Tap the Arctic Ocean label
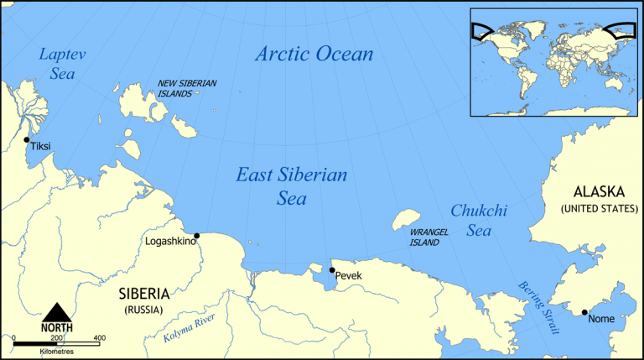click(x=314, y=55)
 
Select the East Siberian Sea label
click(x=291, y=186)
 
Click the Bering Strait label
click(x=537, y=307)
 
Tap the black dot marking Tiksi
click(x=27, y=140)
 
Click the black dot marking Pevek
click(x=332, y=270)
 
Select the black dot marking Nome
click(x=584, y=313)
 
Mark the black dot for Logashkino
click(x=196, y=236)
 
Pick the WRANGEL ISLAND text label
click(x=424, y=237)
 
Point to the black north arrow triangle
click(x=58, y=311)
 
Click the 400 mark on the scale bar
click(x=99, y=338)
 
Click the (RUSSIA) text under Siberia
click(x=143, y=310)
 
